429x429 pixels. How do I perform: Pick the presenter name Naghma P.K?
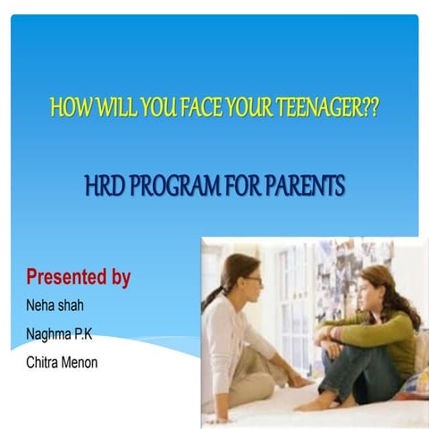click(59, 333)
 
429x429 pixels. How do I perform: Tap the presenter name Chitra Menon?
click(62, 362)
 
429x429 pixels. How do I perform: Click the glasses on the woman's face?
click(253, 280)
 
